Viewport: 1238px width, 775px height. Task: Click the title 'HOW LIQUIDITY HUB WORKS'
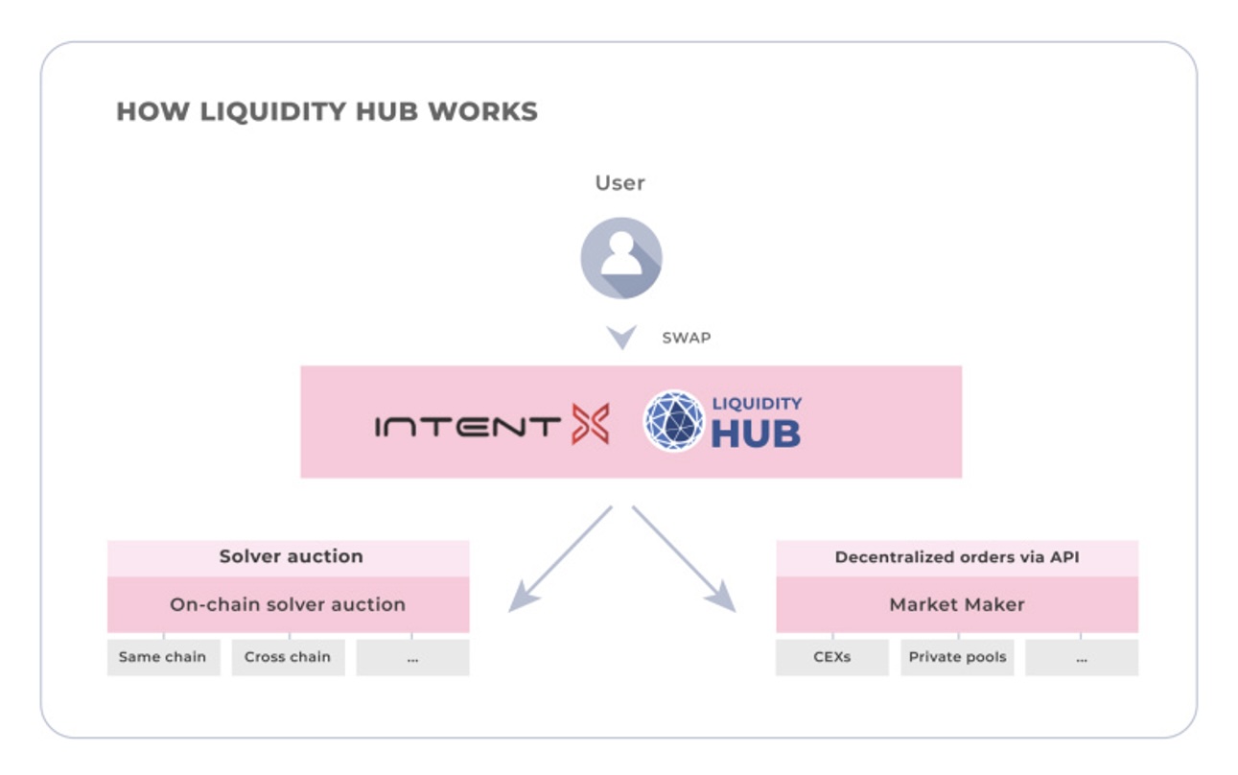click(326, 111)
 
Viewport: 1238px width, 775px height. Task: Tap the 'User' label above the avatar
click(619, 182)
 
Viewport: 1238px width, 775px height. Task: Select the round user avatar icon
click(620, 257)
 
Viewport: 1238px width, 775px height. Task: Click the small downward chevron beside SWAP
click(621, 338)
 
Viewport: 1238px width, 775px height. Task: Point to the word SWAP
click(686, 338)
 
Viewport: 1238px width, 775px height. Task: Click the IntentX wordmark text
click(467, 426)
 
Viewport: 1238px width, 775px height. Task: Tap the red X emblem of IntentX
click(590, 424)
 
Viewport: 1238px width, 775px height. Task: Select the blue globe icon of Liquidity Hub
click(673, 420)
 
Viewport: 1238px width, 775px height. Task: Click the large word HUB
click(755, 434)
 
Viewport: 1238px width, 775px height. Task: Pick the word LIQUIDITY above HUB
click(757, 404)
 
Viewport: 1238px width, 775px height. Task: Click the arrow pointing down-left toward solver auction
click(559, 559)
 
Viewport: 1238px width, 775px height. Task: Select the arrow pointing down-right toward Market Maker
click(684, 559)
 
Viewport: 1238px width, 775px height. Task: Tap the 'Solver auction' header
click(290, 556)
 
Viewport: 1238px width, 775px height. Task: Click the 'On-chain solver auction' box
click(288, 604)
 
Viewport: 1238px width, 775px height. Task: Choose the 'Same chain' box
click(163, 657)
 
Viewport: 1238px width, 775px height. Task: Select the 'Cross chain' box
click(288, 657)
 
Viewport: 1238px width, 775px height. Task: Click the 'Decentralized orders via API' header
click(956, 556)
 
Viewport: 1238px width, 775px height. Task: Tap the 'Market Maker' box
click(956, 604)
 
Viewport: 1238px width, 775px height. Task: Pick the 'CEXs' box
click(831, 657)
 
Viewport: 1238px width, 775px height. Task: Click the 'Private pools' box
click(956, 657)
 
